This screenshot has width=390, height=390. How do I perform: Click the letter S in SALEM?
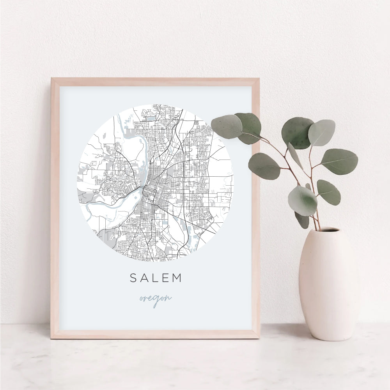click(x=133, y=278)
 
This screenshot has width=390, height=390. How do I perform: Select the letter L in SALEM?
click(x=155, y=278)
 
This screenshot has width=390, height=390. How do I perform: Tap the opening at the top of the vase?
click(x=323, y=230)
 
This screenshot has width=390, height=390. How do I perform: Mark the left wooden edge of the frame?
click(x=55, y=207)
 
